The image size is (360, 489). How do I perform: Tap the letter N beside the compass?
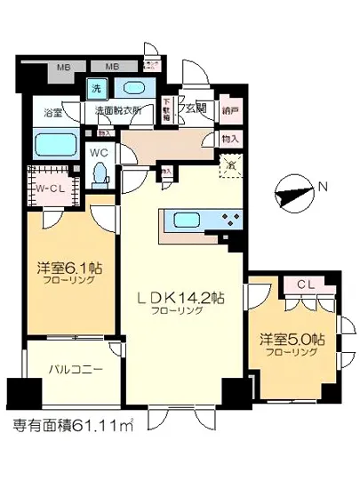(324, 187)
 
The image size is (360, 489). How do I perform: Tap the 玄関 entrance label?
(198, 108)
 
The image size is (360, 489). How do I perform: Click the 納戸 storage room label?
(231, 110)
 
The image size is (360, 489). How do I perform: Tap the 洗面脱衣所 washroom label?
(121, 113)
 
